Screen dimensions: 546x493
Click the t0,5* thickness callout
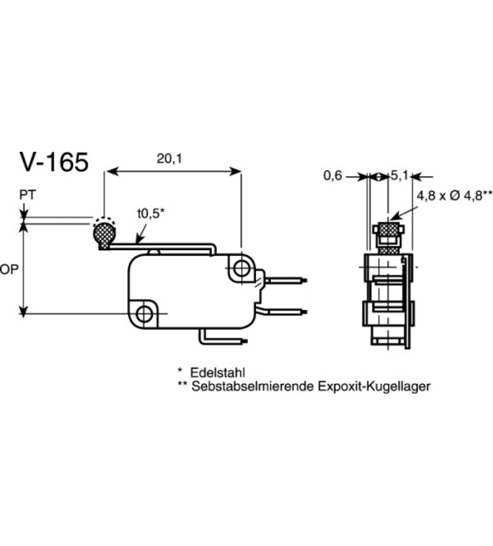(x=150, y=214)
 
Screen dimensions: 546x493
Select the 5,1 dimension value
(x=399, y=176)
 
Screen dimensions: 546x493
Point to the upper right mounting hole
(x=240, y=268)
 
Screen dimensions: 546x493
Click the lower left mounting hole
(x=145, y=313)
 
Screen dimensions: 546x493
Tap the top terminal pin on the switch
(x=287, y=281)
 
